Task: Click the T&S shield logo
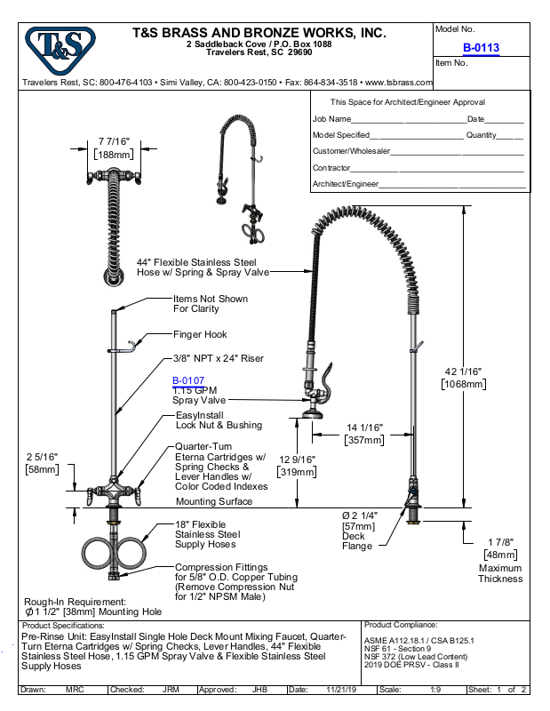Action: point(60,50)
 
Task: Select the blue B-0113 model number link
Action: point(481,48)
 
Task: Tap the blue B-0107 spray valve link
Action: point(188,380)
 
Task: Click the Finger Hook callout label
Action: point(200,335)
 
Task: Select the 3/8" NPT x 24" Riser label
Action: point(218,358)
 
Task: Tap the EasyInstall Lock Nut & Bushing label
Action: point(219,420)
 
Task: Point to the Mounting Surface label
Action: point(214,501)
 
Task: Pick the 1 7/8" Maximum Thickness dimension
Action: point(500,561)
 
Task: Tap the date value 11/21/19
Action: point(341,690)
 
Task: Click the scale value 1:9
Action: point(435,690)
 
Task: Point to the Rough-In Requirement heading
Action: point(75,602)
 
